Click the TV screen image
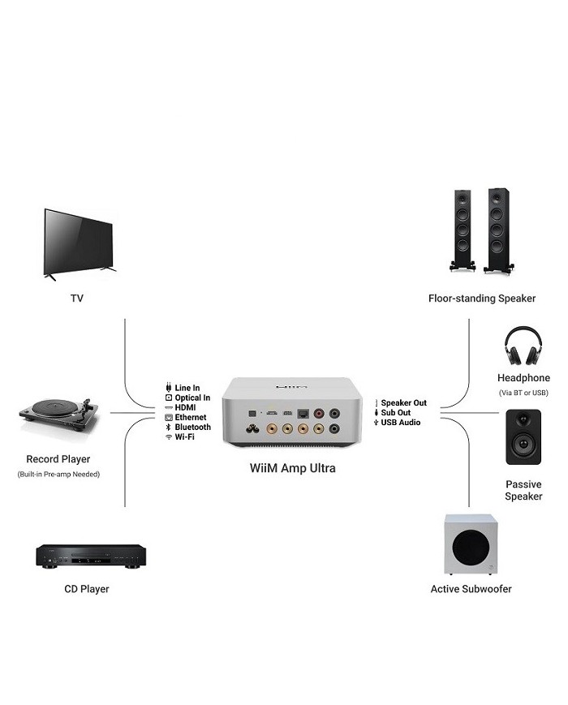pos(79,241)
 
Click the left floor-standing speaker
pos(460,231)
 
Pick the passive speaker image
pos(523,436)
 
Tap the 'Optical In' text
pos(192,398)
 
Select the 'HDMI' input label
pos(186,407)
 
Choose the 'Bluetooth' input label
pos(192,427)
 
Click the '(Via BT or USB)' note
pos(523,393)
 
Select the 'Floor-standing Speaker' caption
pos(482,299)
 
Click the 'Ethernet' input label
pos(190,417)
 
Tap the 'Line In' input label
pos(187,388)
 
